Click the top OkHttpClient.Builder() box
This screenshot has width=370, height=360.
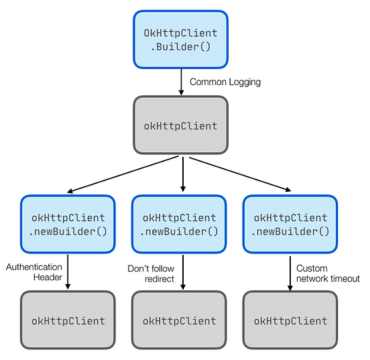(x=180, y=40)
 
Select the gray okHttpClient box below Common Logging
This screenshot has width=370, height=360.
(x=180, y=125)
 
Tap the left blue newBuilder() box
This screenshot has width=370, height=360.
(x=68, y=225)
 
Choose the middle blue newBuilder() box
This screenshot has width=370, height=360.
(x=180, y=225)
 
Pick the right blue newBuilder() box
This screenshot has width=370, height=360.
(x=290, y=225)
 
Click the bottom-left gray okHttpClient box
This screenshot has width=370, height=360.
(x=68, y=320)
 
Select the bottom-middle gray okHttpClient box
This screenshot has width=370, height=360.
(x=180, y=320)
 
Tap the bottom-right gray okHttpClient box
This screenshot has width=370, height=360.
(x=290, y=320)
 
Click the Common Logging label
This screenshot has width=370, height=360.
(x=225, y=82)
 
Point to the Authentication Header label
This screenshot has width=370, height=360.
(x=34, y=272)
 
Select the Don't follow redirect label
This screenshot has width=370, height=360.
(x=151, y=274)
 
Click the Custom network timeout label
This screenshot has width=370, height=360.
(x=328, y=274)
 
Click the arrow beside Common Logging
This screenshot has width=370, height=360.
(x=181, y=82)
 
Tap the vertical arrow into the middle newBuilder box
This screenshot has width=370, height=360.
(x=182, y=174)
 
